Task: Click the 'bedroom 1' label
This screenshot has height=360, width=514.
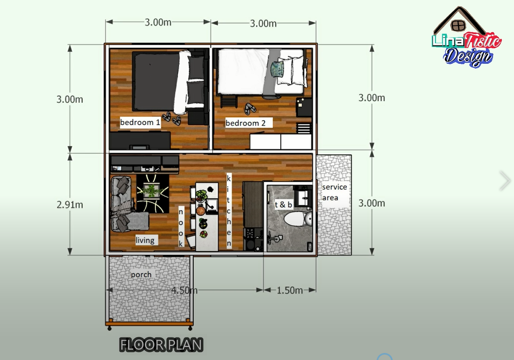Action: coord(140,122)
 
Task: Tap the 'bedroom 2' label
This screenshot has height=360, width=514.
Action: coord(246,123)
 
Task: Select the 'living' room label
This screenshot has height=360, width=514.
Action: coord(145,240)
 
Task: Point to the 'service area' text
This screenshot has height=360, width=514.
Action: coord(334,192)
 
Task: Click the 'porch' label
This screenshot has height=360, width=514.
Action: coord(141,274)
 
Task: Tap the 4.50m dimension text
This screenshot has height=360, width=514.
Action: coord(184,290)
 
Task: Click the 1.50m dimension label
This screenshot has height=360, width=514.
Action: coord(289,290)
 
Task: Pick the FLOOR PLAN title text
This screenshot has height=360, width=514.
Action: coord(161,344)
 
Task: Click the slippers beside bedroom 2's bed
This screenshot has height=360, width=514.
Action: coord(251,108)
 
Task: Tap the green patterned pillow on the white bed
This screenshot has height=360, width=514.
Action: coord(278,68)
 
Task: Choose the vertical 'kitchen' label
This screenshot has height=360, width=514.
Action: coord(229,211)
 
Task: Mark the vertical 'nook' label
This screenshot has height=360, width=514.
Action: coord(182,227)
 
